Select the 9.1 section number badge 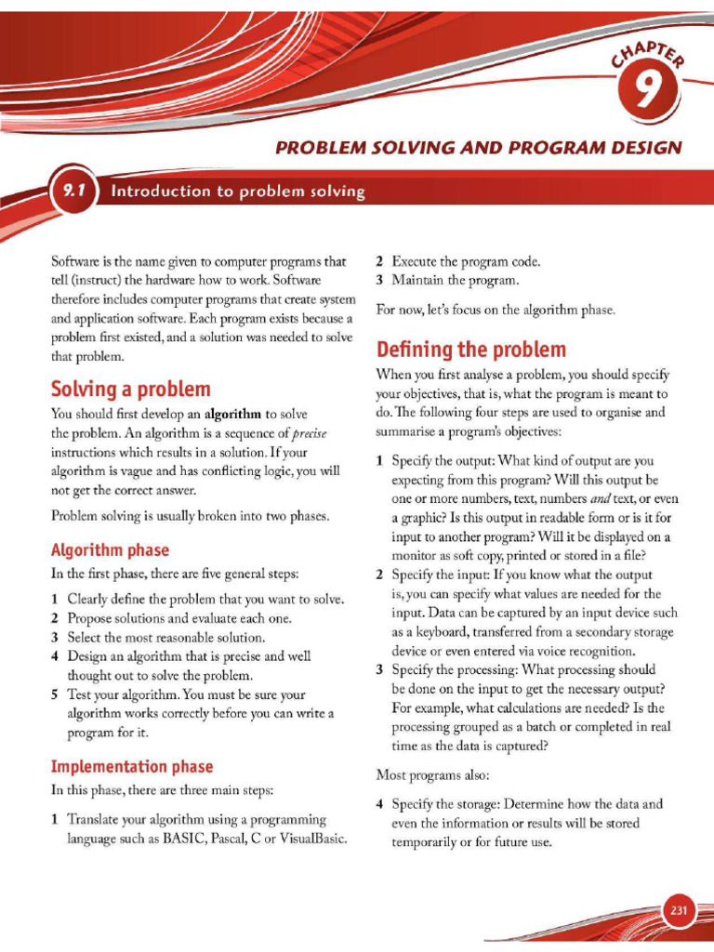[x=74, y=192]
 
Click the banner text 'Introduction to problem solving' [x=237, y=192]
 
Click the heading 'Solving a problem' [x=130, y=389]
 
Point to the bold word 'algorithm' [x=232, y=414]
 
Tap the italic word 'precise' [x=309, y=433]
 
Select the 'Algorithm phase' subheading [x=110, y=549]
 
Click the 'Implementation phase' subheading [x=131, y=766]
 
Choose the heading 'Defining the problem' [x=470, y=350]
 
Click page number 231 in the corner [x=679, y=910]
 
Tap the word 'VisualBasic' [x=311, y=839]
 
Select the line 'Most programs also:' [x=432, y=773]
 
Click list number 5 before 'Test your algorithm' [x=56, y=694]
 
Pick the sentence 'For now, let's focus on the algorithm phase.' [x=496, y=310]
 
